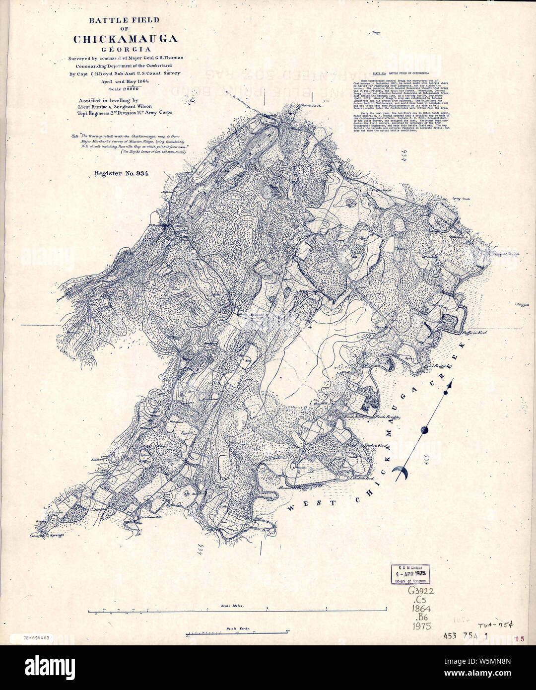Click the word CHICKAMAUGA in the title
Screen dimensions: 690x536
pyautogui.click(x=125, y=39)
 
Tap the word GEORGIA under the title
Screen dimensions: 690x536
pyautogui.click(x=125, y=49)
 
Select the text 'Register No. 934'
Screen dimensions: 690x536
pyautogui.click(x=121, y=173)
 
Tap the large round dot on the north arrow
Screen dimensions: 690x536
pyautogui.click(x=424, y=430)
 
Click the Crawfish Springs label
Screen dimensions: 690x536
pyautogui.click(x=46, y=536)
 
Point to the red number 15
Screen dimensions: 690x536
pyautogui.click(x=519, y=639)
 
